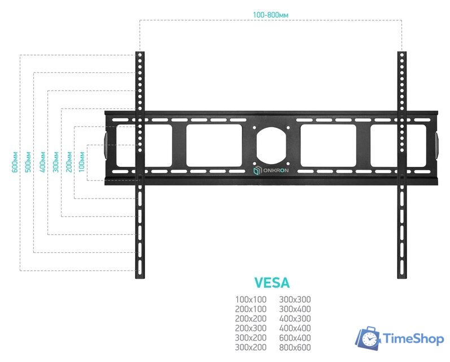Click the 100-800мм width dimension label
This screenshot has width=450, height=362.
[x=270, y=15]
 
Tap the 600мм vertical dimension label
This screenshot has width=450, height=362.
[x=15, y=162]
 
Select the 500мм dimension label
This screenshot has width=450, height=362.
[x=28, y=162]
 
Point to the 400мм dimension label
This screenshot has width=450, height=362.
[x=42, y=162]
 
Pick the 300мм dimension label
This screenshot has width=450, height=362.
[x=56, y=162]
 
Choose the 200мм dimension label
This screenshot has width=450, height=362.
[x=69, y=162]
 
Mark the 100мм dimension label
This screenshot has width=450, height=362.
[x=82, y=162]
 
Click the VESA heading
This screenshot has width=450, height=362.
[x=272, y=283]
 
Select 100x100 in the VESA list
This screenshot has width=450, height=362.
[x=251, y=300]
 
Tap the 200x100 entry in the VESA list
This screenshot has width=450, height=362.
[x=251, y=309]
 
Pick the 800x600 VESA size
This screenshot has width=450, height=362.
[x=295, y=347]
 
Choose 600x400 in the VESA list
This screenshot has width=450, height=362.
[x=295, y=338]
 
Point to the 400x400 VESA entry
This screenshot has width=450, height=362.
[x=295, y=328]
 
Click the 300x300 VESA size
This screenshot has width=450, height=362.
[x=295, y=300]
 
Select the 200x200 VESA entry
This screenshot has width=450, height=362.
[x=251, y=318]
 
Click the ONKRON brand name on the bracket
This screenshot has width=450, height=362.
[x=276, y=170]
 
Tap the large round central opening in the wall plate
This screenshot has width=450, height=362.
[x=271, y=145]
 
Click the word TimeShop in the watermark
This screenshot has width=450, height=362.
[x=413, y=339]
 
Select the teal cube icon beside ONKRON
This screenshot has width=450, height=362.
[x=257, y=170]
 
